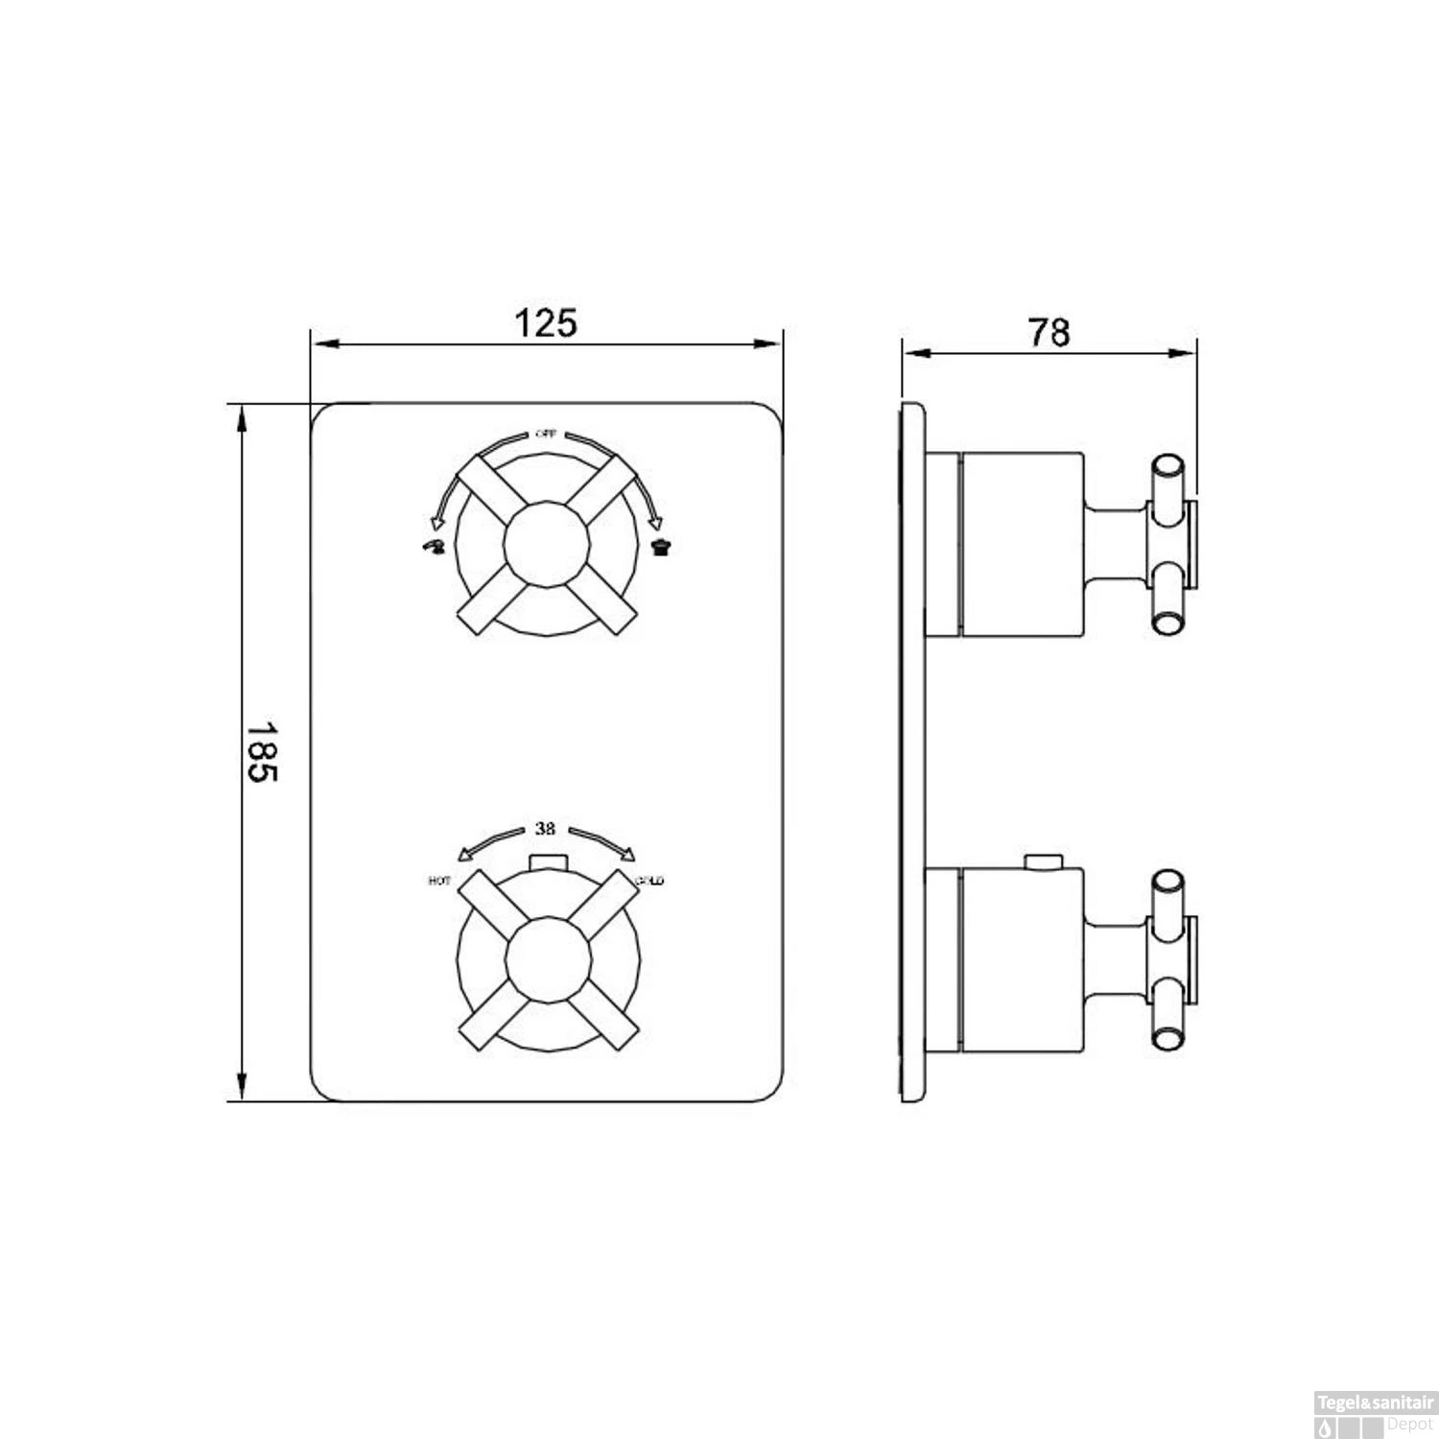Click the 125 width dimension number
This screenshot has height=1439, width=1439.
(x=547, y=323)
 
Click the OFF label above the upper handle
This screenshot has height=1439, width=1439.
(x=545, y=434)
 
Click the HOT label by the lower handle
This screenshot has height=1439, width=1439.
(x=439, y=881)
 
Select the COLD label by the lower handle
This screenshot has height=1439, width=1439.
(x=649, y=881)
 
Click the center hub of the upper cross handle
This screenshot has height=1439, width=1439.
(x=546, y=543)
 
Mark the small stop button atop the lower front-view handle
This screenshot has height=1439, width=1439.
(x=547, y=861)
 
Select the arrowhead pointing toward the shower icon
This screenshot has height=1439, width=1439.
(x=656, y=524)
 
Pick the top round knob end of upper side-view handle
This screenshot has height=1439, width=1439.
(x=1168, y=465)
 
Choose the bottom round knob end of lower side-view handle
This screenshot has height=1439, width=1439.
(x=1168, y=1037)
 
